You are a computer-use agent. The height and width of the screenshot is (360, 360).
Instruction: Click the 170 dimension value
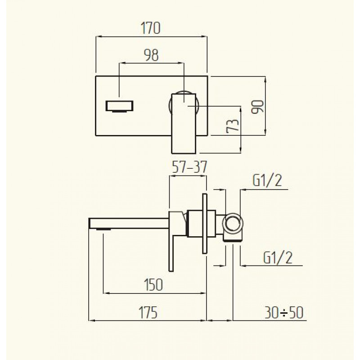click(151, 28)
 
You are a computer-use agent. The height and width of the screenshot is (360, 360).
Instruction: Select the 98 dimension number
click(151, 55)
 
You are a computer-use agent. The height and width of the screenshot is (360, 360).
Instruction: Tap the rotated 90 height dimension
click(257, 107)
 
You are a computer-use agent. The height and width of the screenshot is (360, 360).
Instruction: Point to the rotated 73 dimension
click(233, 126)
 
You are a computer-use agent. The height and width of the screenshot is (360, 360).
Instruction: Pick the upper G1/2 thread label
click(267, 180)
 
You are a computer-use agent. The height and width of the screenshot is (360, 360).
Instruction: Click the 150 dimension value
click(153, 285)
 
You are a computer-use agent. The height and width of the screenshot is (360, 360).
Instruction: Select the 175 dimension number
click(148, 312)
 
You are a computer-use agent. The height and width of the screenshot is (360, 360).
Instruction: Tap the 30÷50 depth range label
click(284, 312)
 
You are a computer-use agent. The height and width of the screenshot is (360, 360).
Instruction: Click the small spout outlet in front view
click(119, 106)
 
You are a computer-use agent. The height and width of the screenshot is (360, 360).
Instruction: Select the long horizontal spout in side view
click(129, 223)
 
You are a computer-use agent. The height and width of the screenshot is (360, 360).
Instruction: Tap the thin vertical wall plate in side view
click(205, 224)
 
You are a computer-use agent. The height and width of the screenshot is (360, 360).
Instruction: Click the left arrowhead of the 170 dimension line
click(98, 36)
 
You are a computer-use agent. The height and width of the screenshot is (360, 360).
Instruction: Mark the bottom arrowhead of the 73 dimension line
click(241, 150)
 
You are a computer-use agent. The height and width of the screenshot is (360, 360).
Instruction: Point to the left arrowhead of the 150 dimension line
click(106, 293)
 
